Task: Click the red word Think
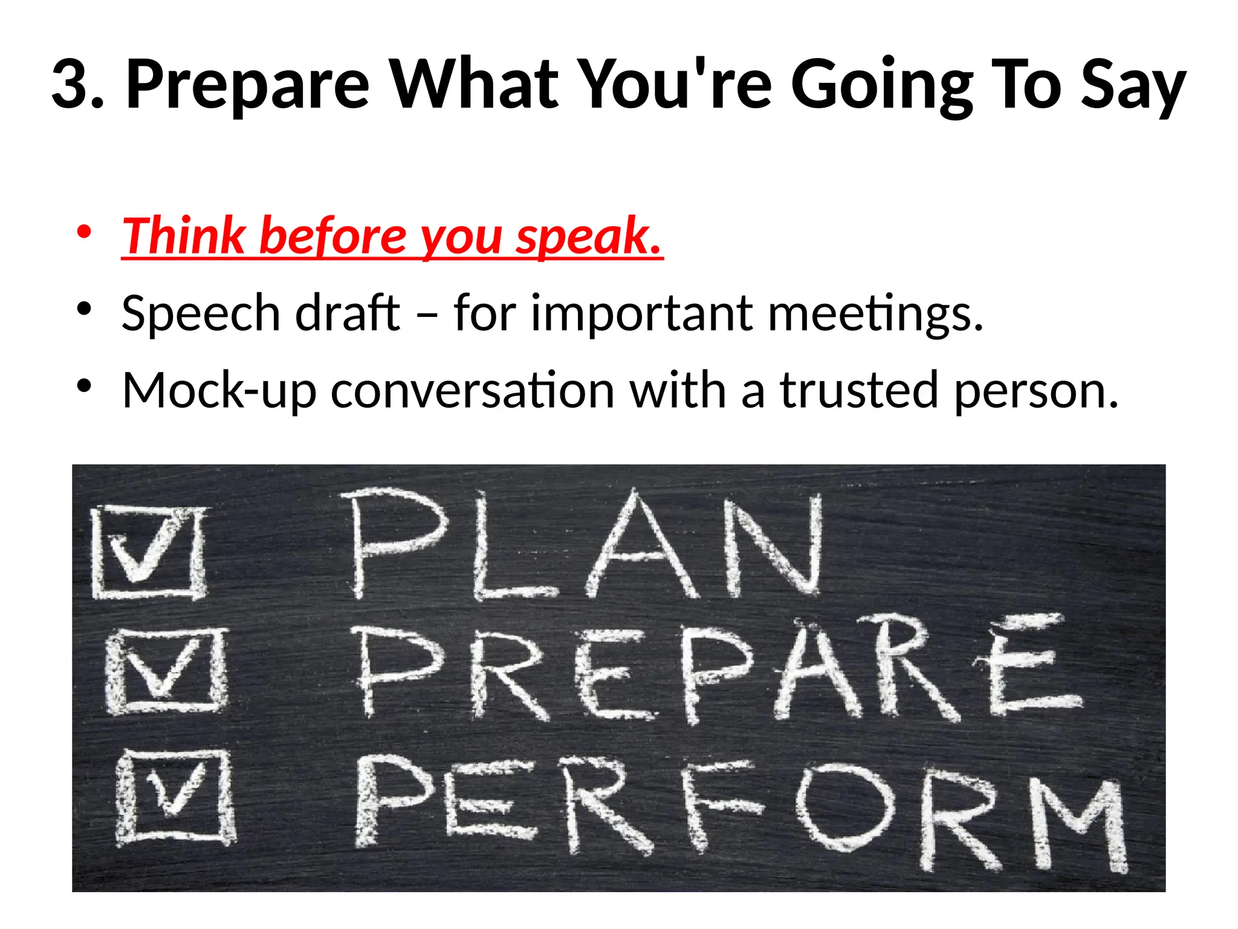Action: click(x=184, y=236)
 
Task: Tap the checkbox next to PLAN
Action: click(x=149, y=552)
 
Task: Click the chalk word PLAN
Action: click(x=583, y=544)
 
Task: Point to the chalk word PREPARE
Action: click(x=713, y=671)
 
